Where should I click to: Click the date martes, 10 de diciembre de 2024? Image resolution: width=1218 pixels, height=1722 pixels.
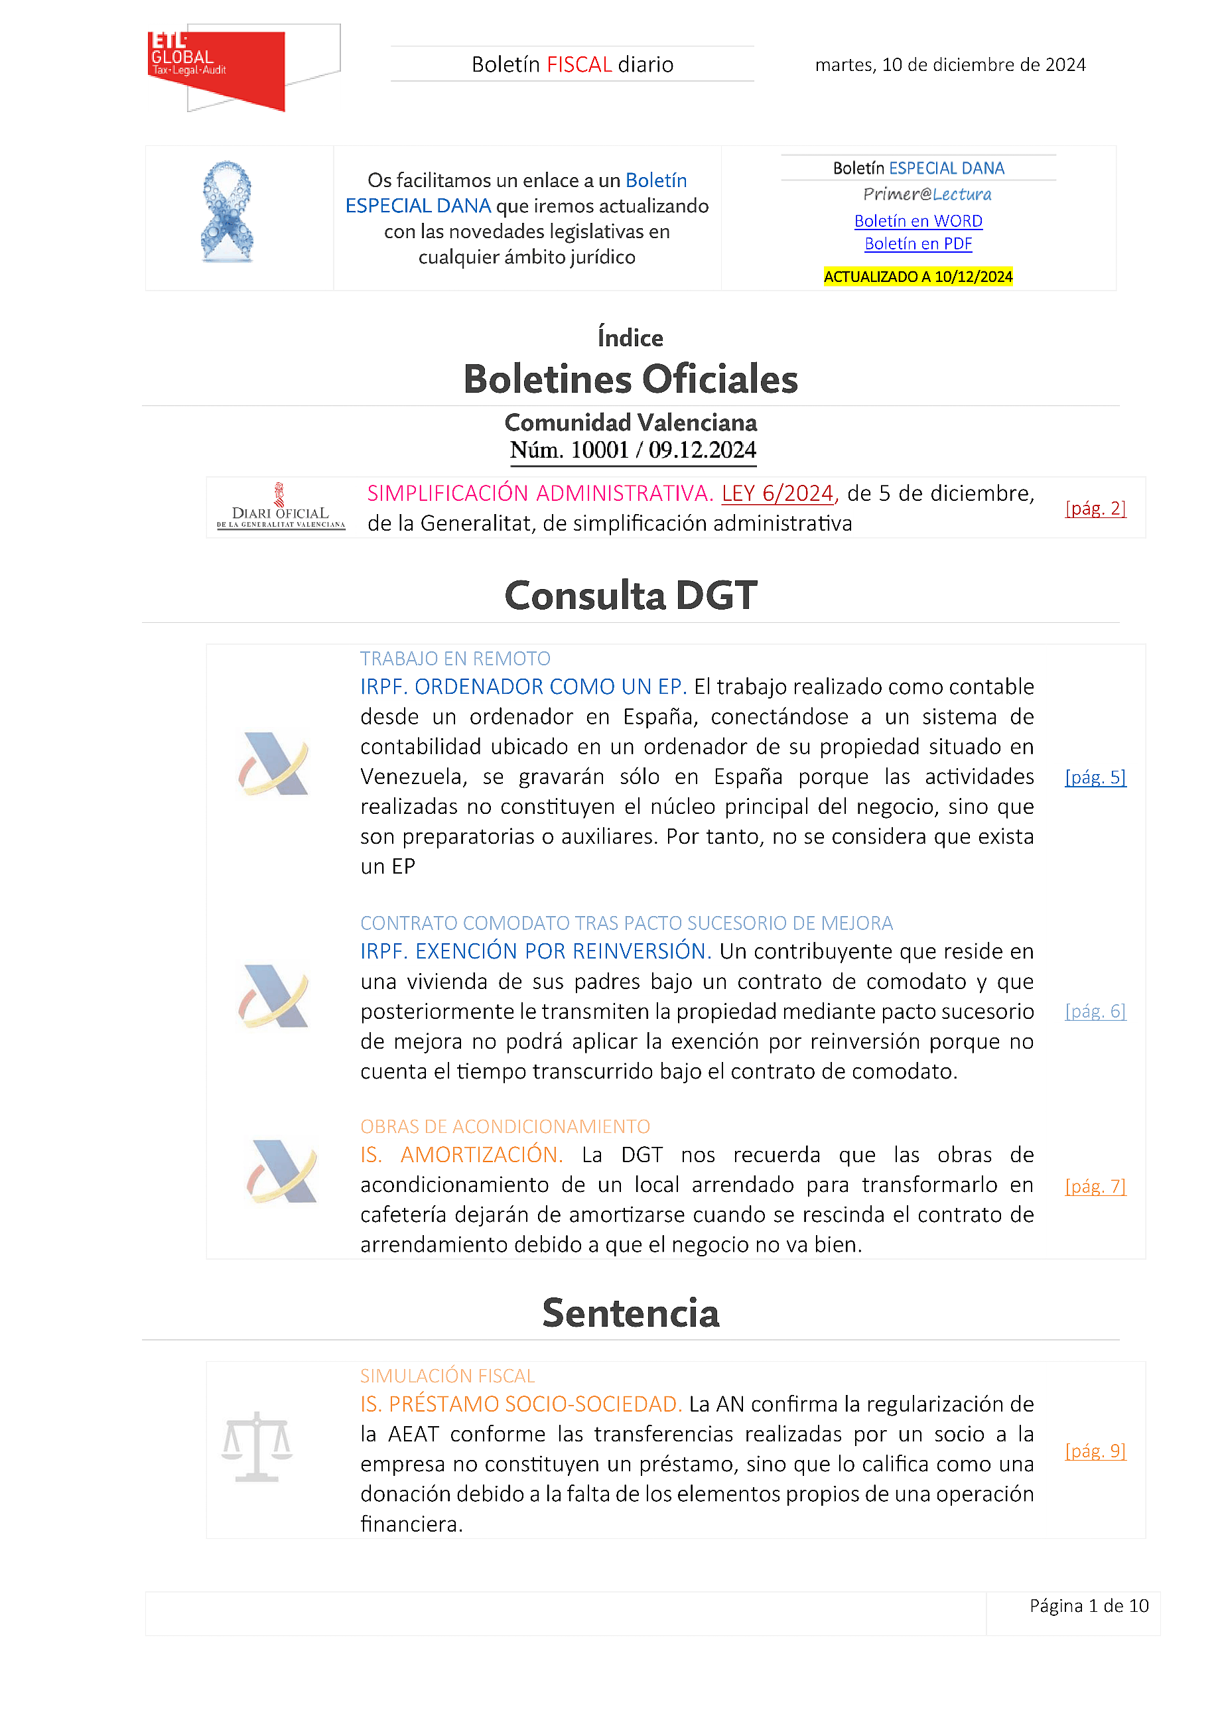[x=949, y=65]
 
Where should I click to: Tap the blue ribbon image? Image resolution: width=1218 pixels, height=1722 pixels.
[x=228, y=212]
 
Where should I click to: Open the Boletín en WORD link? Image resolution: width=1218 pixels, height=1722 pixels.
[x=918, y=222]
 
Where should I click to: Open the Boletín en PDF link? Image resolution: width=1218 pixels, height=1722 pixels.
[x=918, y=243]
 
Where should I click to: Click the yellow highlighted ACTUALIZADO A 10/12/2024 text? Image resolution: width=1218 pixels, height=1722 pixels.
[x=918, y=277]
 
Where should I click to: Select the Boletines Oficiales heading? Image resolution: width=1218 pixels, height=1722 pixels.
[x=630, y=379]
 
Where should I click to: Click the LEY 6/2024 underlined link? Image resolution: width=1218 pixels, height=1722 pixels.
[x=777, y=494]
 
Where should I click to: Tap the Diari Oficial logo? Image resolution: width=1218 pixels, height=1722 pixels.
[x=281, y=507]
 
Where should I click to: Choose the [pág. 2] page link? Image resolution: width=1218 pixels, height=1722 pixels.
[x=1095, y=509]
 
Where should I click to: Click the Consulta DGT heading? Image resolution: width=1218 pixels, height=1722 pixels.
[x=630, y=596]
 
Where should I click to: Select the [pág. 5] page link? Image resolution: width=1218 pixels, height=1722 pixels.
[x=1095, y=777]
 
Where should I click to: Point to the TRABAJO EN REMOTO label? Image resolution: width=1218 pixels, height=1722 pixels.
[x=454, y=659]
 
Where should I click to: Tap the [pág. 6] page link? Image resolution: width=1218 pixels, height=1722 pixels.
[x=1095, y=1011]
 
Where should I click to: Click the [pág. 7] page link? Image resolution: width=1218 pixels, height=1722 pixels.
[x=1095, y=1186]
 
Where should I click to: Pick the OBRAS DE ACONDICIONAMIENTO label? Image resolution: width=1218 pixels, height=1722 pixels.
[x=505, y=1126]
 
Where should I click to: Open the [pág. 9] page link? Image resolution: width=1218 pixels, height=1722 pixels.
[x=1095, y=1451]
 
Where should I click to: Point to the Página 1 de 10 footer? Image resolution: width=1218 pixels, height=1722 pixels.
[x=1088, y=1606]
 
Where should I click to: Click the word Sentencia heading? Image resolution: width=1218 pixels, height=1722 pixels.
[x=630, y=1313]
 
